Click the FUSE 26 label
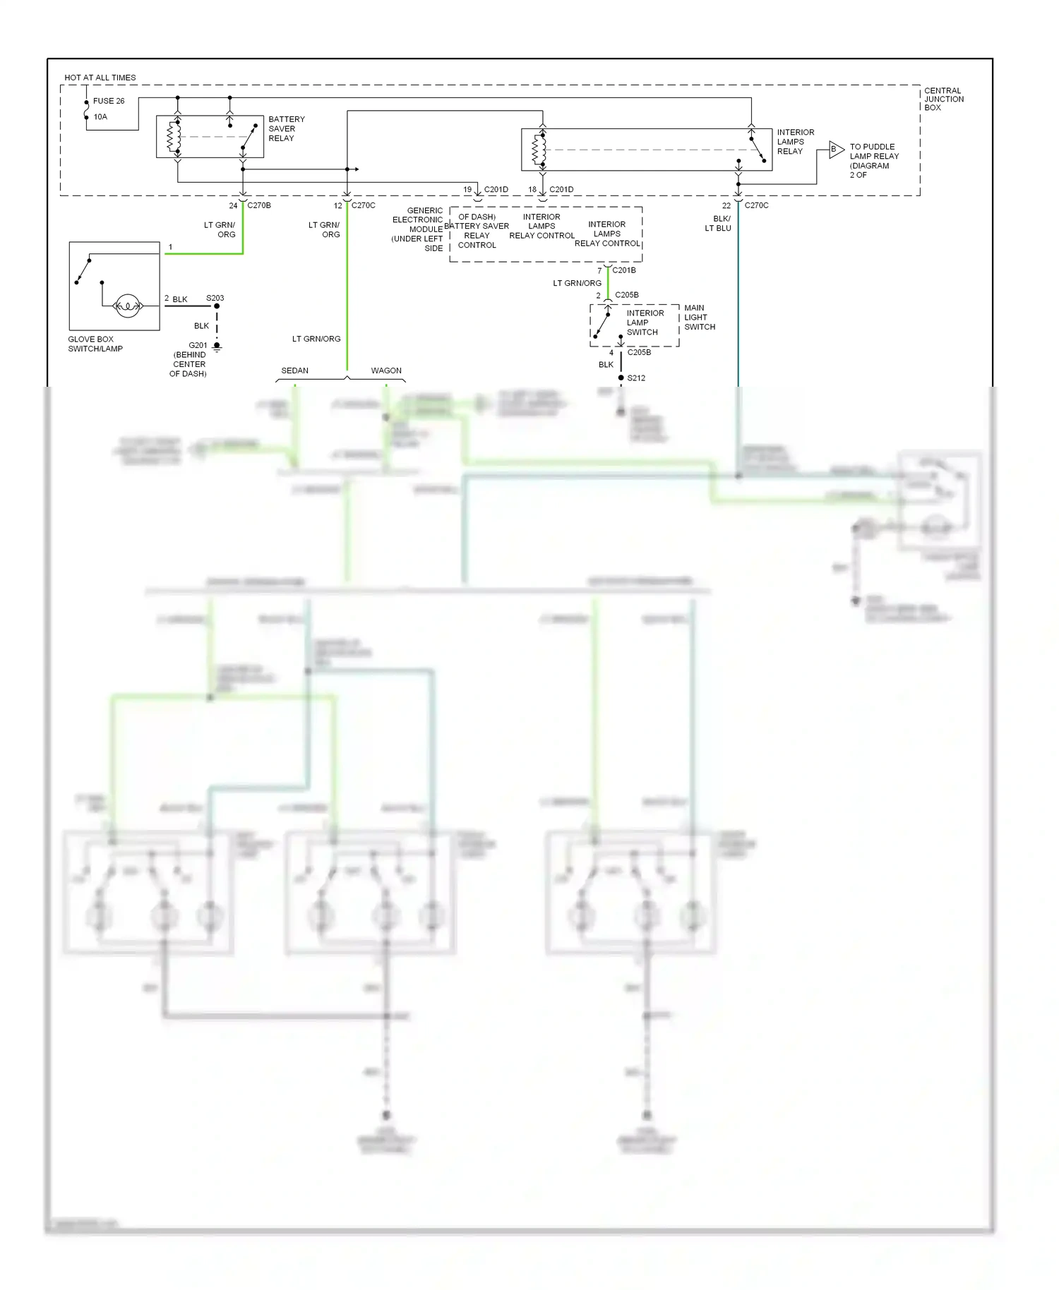(x=108, y=101)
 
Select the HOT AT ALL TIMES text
(x=100, y=78)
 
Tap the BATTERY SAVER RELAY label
(x=286, y=128)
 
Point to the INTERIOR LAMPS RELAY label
(x=795, y=142)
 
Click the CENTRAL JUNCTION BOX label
(x=943, y=99)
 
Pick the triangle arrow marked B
(x=836, y=150)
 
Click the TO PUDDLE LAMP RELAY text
(x=873, y=156)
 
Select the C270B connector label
(x=258, y=205)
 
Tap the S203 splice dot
(x=217, y=306)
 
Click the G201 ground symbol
(x=217, y=347)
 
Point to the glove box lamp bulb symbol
(x=128, y=306)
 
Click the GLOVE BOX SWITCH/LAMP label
(x=95, y=344)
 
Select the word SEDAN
(x=294, y=370)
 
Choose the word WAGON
(x=386, y=370)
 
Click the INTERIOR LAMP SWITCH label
(x=644, y=322)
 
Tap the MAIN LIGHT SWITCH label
(x=699, y=318)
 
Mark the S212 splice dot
(x=621, y=378)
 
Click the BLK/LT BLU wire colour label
(x=719, y=223)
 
